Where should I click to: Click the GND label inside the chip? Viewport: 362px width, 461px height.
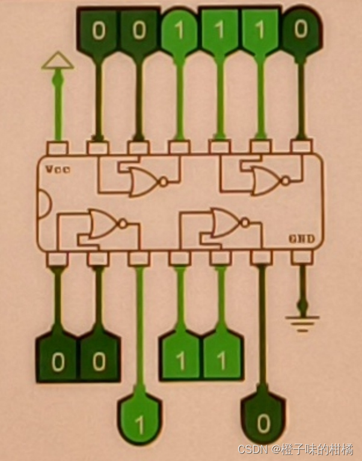point(300,240)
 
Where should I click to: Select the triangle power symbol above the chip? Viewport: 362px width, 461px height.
point(58,60)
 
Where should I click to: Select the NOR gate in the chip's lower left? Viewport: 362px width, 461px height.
point(106,224)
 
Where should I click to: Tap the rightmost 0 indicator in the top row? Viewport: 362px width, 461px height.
point(301,28)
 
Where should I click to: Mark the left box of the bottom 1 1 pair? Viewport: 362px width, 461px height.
point(180,359)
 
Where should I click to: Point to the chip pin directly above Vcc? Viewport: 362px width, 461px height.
point(58,147)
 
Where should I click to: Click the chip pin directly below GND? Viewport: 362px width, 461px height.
point(301,258)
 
